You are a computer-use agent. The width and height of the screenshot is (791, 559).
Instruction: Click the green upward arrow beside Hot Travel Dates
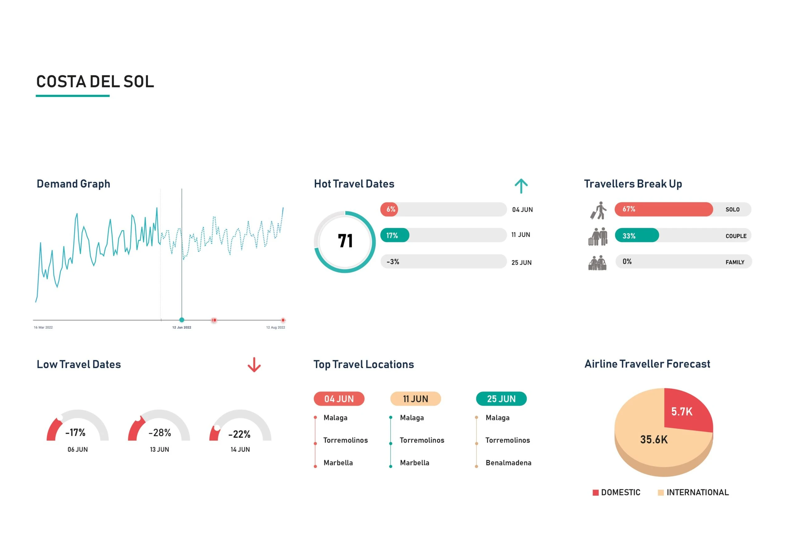pos(521,186)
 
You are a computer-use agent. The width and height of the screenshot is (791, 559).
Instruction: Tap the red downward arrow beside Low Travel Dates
pos(254,365)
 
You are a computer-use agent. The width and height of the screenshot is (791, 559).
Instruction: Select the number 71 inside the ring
pos(345,241)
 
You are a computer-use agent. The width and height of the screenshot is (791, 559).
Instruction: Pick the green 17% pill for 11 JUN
pos(395,236)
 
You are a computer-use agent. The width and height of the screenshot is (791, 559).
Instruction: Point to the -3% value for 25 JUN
pos(393,262)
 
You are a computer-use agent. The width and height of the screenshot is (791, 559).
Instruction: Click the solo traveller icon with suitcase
pos(598,210)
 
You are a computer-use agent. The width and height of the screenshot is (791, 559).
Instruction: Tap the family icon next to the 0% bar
pos(597,263)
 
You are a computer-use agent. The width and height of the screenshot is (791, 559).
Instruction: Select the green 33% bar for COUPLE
pos(637,236)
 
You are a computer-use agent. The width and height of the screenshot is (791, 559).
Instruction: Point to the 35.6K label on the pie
pos(654,439)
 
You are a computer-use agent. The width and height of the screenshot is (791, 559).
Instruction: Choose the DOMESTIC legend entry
pos(616,492)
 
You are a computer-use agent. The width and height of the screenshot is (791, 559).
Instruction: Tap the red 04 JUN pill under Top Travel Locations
pos(339,399)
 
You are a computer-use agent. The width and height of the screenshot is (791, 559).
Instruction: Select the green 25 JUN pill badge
pos(501,399)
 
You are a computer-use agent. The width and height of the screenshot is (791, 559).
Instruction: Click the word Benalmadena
pos(508,463)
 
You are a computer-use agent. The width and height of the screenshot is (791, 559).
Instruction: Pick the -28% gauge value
pos(159,433)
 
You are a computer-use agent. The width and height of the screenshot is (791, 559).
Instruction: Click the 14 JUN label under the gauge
pos(240,449)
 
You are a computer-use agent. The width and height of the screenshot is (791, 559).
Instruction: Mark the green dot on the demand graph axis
pos(182,320)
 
